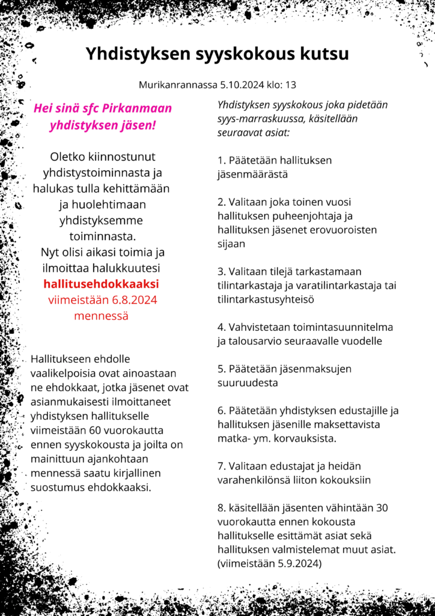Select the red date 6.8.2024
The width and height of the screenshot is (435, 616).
click(x=131, y=300)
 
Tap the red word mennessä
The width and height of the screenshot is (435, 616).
click(x=101, y=315)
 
